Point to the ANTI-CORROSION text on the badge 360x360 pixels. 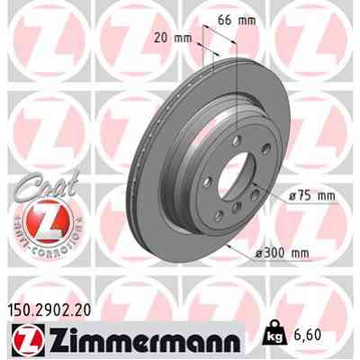tap(39, 236)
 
